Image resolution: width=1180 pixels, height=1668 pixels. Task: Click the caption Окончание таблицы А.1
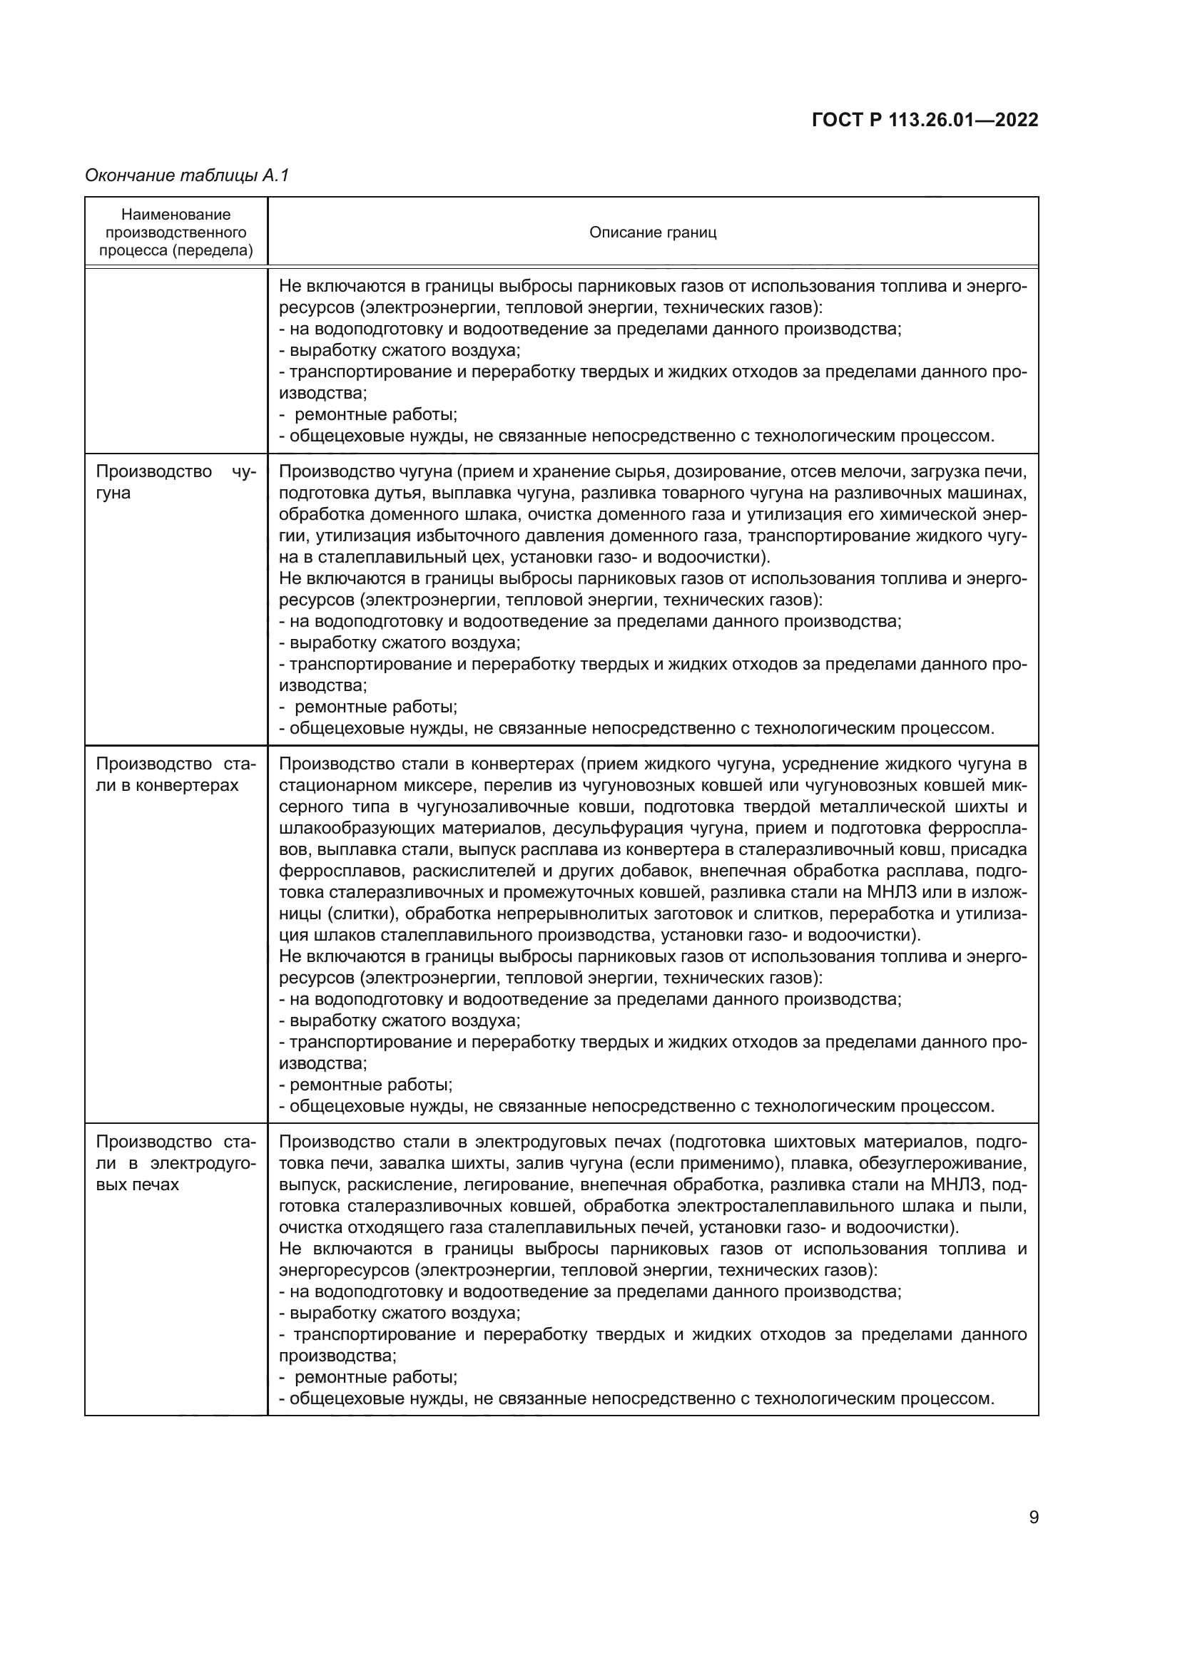[x=187, y=175]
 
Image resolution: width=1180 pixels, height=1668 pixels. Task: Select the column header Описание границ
[x=653, y=232]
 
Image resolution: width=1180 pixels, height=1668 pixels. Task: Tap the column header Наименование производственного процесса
[x=176, y=232]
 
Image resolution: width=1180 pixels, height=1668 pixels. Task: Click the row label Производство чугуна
[x=175, y=482]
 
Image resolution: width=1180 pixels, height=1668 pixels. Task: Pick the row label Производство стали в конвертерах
[x=175, y=774]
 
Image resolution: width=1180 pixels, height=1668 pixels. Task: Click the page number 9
[x=1033, y=1517]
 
